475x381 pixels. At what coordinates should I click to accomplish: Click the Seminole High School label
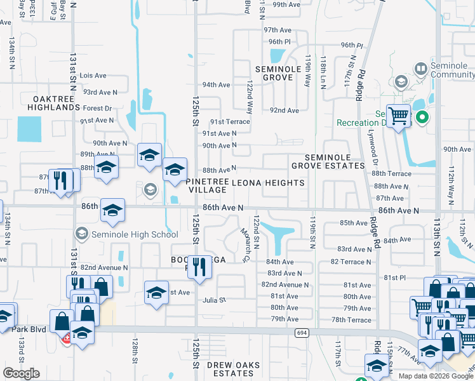135,234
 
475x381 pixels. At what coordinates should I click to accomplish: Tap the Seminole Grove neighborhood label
274,73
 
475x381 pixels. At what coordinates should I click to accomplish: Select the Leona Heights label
267,183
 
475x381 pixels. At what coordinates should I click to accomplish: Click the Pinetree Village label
207,185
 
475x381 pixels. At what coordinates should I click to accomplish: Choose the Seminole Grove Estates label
328,161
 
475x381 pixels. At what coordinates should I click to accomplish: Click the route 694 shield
301,332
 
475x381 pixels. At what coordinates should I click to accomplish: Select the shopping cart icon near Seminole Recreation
398,117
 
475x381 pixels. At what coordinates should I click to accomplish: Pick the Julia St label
214,300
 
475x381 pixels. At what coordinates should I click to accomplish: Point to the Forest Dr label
97,109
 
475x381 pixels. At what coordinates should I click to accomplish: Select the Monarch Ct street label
244,245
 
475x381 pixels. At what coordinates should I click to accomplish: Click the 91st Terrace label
231,122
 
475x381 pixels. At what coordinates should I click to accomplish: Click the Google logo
22,373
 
